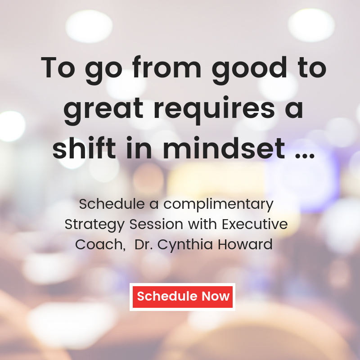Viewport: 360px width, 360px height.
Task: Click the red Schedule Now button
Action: click(x=182, y=297)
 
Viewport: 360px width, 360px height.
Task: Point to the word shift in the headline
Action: click(x=84, y=148)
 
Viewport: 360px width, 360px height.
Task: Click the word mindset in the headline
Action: click(x=224, y=148)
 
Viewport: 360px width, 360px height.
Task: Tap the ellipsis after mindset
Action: click(x=305, y=156)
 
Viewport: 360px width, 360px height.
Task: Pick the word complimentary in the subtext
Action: click(x=218, y=205)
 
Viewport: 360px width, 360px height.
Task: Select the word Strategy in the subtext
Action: click(x=94, y=225)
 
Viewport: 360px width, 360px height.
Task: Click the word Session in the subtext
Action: click(x=156, y=224)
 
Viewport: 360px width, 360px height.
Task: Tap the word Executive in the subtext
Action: click(x=255, y=224)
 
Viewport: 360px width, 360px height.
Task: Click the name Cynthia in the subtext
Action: click(x=185, y=245)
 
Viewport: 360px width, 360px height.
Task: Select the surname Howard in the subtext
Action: click(x=245, y=244)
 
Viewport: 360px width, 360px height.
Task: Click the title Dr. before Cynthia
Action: click(x=144, y=244)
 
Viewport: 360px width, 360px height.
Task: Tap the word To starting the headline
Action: click(x=58, y=67)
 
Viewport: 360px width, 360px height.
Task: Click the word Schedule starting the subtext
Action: click(x=112, y=204)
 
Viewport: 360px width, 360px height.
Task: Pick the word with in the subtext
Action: click(x=202, y=224)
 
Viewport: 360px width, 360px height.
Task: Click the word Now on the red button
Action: click(x=216, y=296)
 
